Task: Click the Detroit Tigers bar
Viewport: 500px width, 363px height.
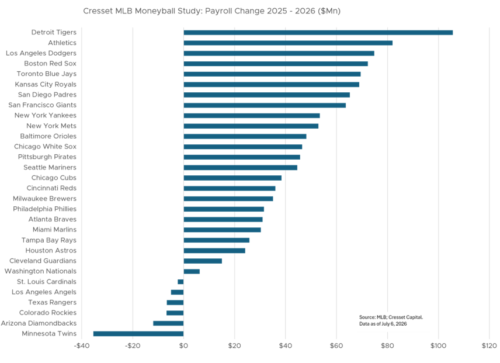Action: pyautogui.click(x=318, y=33)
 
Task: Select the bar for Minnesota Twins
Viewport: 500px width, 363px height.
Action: pyautogui.click(x=138, y=334)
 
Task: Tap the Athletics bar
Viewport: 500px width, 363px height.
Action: pyautogui.click(x=288, y=43)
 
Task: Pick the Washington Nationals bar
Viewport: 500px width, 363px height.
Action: pyautogui.click(x=192, y=271)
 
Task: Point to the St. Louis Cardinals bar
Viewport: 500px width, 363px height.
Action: pyautogui.click(x=180, y=282)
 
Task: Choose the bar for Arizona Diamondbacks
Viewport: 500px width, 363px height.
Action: pyautogui.click(x=168, y=323)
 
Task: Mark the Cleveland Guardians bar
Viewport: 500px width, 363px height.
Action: pyautogui.click(x=203, y=261)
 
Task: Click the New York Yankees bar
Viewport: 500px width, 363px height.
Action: pyautogui.click(x=252, y=116)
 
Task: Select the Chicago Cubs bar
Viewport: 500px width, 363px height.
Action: pyautogui.click(x=232, y=178)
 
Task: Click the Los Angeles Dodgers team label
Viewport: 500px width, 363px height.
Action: pyautogui.click(x=41, y=53)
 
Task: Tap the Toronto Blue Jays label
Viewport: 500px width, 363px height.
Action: pyautogui.click(x=47, y=74)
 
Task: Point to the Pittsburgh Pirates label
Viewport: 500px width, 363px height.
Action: pyautogui.click(x=47, y=157)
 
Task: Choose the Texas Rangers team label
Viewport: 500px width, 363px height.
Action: pyautogui.click(x=53, y=302)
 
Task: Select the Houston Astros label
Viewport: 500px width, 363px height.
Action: pyautogui.click(x=51, y=250)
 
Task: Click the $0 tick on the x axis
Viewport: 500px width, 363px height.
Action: pyautogui.click(x=183, y=346)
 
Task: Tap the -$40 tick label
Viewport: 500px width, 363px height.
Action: pyautogui.click(x=82, y=346)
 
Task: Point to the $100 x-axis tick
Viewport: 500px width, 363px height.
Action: pyautogui.click(x=439, y=346)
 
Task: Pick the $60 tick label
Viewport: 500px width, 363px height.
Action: pyautogui.click(x=336, y=346)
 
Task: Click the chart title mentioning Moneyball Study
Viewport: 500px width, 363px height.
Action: pyautogui.click(x=211, y=11)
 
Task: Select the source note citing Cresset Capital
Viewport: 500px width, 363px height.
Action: pyautogui.click(x=391, y=320)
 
